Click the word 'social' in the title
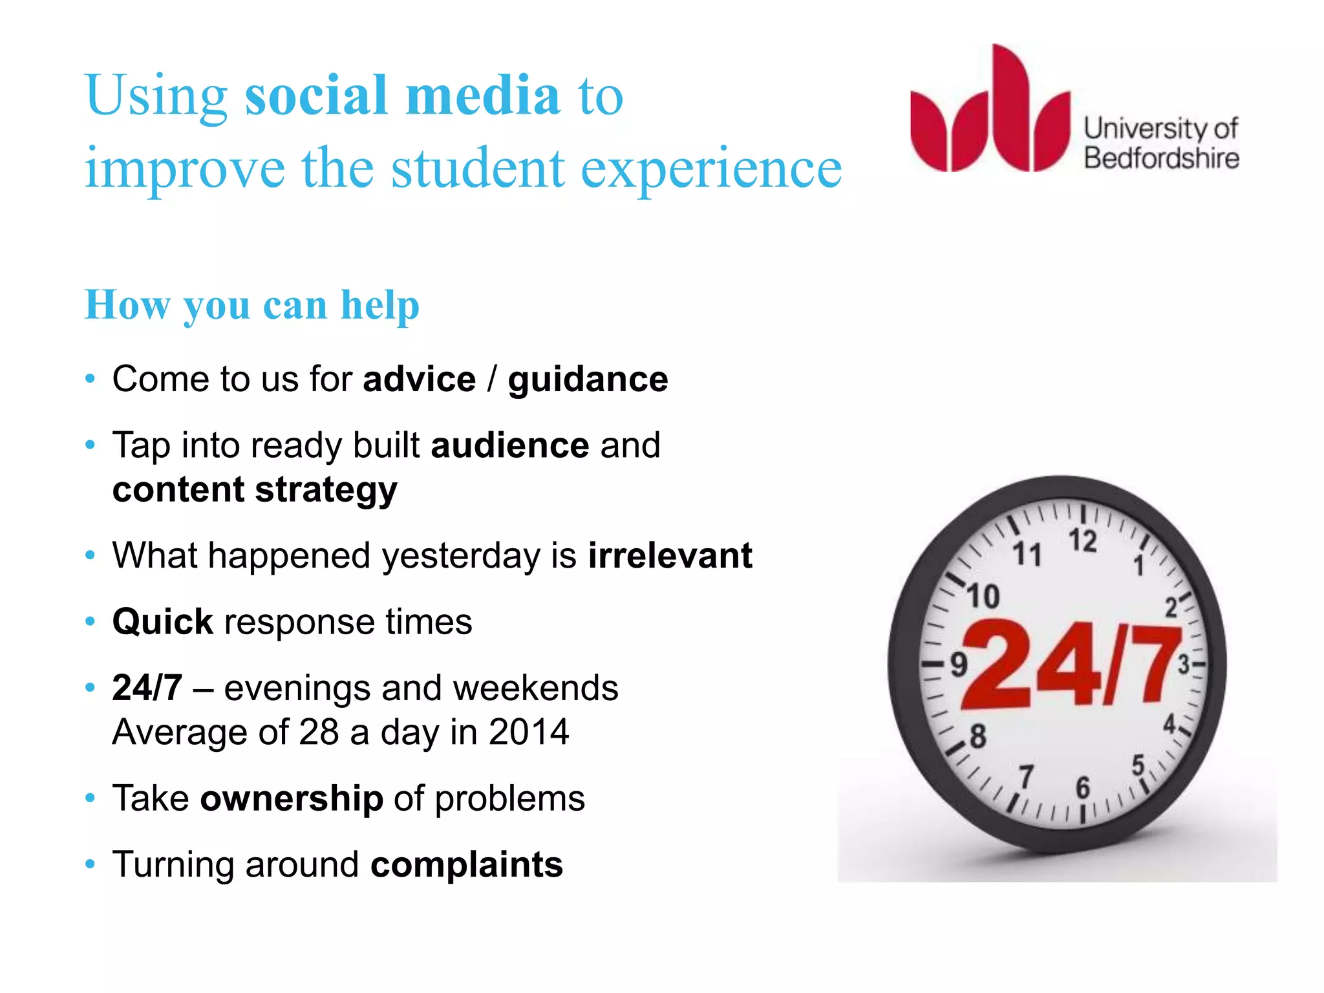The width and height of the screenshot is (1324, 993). pyautogui.click(x=317, y=96)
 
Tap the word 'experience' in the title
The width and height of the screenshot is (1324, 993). pyautogui.click(x=711, y=169)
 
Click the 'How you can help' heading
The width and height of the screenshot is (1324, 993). pyautogui.click(x=252, y=304)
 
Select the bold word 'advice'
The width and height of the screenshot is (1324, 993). pyautogui.click(x=419, y=379)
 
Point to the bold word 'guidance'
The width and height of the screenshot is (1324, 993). pyautogui.click(x=587, y=380)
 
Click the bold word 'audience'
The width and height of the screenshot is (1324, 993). pyautogui.click(x=509, y=445)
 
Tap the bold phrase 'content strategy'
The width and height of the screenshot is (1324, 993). pyautogui.click(x=255, y=490)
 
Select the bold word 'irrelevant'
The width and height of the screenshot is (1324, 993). pyautogui.click(x=670, y=556)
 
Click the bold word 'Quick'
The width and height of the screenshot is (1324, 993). pyautogui.click(x=162, y=623)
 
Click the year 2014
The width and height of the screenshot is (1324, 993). pyautogui.click(x=528, y=732)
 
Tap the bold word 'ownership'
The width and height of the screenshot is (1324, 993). pyautogui.click(x=292, y=799)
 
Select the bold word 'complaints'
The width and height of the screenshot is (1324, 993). pyautogui.click(x=466, y=865)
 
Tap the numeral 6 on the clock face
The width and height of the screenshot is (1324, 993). pyautogui.click(x=1082, y=787)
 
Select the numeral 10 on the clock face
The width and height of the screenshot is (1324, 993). pyautogui.click(x=983, y=597)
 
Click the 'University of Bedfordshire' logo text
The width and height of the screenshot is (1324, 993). pyautogui.click(x=1160, y=144)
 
